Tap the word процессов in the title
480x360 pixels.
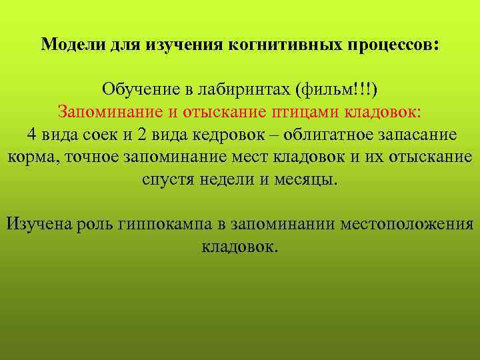391,45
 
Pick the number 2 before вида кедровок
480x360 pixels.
143,134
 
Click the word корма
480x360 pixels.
26,157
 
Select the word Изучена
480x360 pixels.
37,223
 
